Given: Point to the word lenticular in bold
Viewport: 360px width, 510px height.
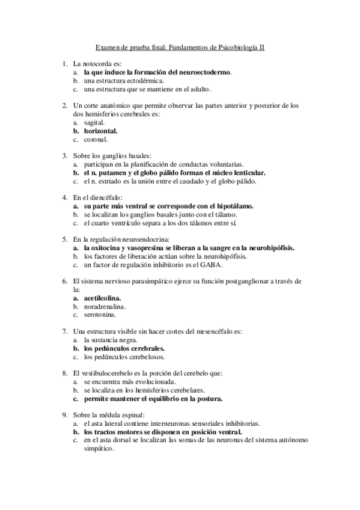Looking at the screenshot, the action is pyautogui.click(x=247, y=172).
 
